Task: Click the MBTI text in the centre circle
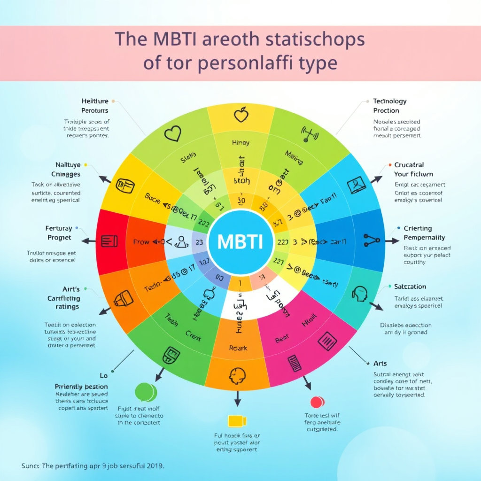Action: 240,241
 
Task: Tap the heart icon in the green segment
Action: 173,133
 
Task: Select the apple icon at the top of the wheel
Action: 240,114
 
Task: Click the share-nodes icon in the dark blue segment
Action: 372,240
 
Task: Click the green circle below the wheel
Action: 145,392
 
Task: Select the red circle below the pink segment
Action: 318,402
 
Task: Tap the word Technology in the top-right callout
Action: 390,101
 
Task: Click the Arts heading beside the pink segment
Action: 380,363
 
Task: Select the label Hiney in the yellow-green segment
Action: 240,142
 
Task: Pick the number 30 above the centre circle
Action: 241,201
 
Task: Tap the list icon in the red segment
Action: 109,241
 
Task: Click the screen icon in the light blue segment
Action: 357,185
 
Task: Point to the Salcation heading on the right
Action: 410,287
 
